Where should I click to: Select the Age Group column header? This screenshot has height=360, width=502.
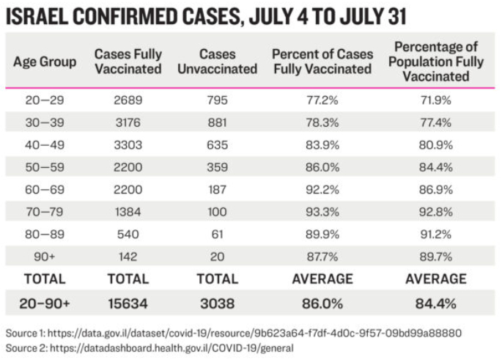pos(45,62)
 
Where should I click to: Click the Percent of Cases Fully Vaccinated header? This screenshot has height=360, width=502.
pos(322,62)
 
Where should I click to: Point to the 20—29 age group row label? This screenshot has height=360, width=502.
pos(45,98)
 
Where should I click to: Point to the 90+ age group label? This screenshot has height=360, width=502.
pos(45,256)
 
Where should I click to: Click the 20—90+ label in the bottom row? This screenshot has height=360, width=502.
pos(45,302)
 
